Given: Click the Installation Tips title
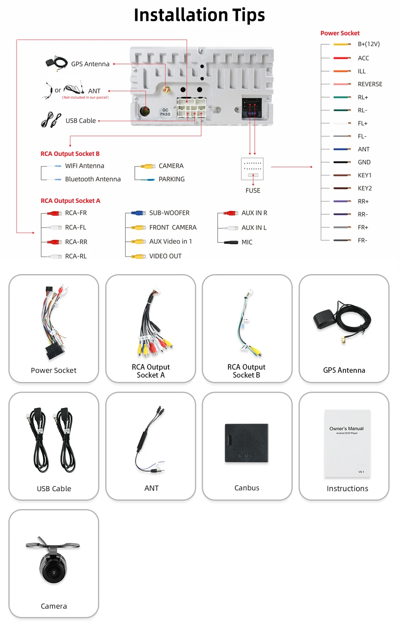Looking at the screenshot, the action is pos(199,15).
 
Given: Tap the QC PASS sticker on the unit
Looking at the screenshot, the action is pos(165,112).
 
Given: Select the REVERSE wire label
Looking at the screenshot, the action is pos(370,84).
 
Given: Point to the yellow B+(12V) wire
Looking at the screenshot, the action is pos(342,44).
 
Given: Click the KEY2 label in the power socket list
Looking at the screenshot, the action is pos(364,188).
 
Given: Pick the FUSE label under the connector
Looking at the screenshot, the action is pos(253,191).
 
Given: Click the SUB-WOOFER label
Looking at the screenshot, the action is pos(169,213).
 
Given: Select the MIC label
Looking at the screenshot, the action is pos(247,242).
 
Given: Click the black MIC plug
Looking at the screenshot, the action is pos(231,242).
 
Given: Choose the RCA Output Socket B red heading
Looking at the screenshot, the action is pos(70,154).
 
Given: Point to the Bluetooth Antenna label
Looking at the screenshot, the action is pos(93,179).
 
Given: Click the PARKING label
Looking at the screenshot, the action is pos(172,179).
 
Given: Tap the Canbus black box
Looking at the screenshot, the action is pos(246,443).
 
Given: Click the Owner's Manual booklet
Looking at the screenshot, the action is pos(347,443).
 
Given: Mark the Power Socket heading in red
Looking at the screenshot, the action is pos(340,33).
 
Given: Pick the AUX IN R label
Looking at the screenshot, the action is pos(254,213).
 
